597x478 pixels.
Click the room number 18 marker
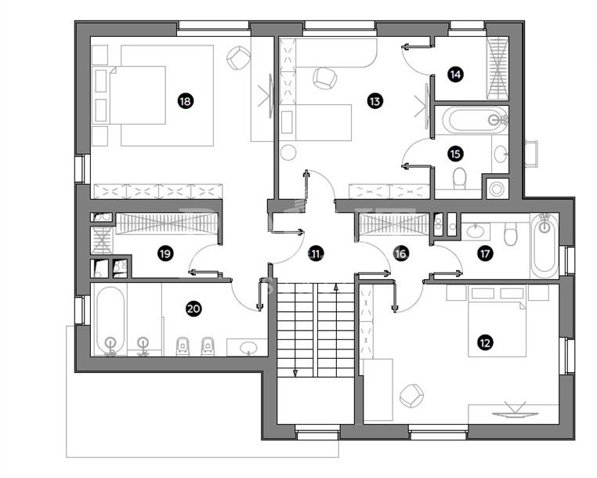[186, 101]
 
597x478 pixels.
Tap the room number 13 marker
[374, 101]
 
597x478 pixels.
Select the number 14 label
[455, 74]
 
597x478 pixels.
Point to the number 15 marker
[455, 154]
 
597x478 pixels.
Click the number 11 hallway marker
[317, 253]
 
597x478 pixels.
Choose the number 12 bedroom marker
[485, 342]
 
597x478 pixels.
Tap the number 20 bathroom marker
[194, 308]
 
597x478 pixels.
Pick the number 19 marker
[165, 253]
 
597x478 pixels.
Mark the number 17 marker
[485, 253]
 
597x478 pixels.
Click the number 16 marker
[401, 253]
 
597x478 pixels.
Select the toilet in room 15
[460, 178]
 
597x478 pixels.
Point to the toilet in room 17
[510, 234]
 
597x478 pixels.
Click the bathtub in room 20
[110, 320]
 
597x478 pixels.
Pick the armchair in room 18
[239, 58]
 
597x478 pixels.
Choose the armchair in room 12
[411, 396]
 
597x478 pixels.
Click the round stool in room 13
[288, 152]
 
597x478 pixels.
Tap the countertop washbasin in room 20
[248, 348]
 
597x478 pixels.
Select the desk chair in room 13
[325, 78]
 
